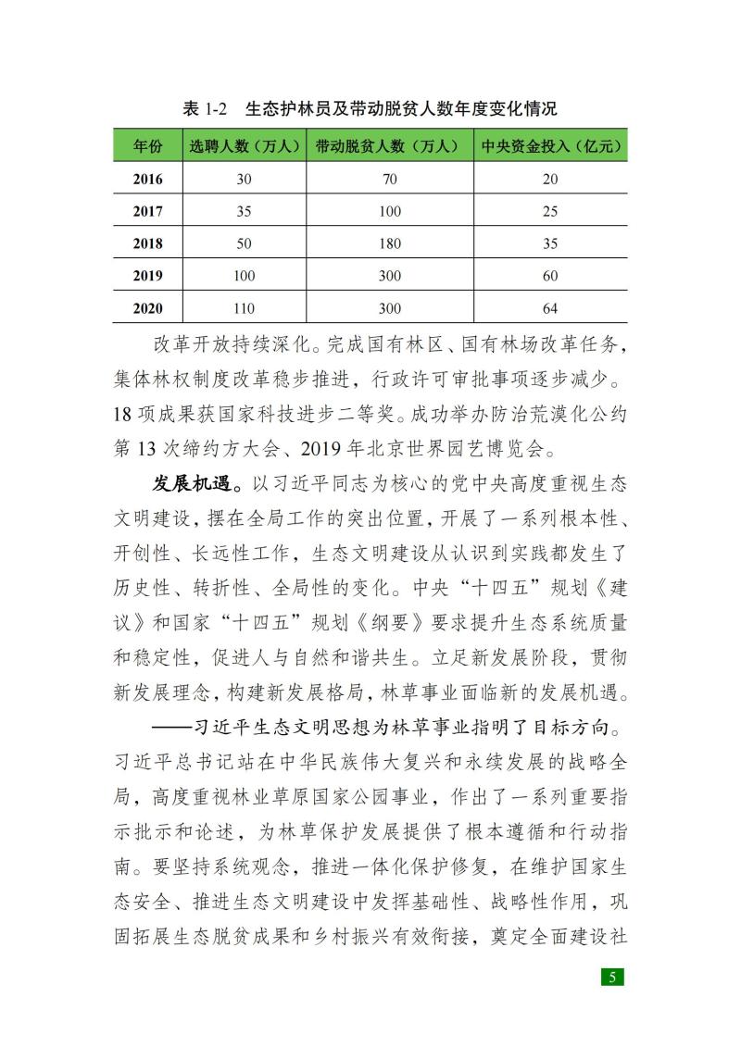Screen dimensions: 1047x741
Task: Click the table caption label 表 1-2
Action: coord(205,108)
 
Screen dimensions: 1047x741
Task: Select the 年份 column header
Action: coord(147,146)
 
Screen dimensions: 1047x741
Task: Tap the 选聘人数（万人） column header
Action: coord(244,146)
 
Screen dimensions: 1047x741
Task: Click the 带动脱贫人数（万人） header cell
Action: coord(389,146)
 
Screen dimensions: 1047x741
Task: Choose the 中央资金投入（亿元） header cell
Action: coord(550,146)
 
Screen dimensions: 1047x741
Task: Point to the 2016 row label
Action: coord(147,179)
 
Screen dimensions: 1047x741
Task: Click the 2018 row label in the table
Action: coord(147,243)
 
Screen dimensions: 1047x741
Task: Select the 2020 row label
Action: coord(147,308)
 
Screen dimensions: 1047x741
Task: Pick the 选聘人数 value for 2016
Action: coord(244,179)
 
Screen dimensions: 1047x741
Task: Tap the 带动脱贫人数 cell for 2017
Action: coord(390,211)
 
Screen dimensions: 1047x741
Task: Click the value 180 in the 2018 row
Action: coord(390,243)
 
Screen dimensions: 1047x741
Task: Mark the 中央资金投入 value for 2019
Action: coord(550,276)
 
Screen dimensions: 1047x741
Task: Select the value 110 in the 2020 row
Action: coord(244,308)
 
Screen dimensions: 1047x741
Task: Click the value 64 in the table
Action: coord(550,308)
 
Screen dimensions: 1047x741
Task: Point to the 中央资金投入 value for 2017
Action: coord(550,211)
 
